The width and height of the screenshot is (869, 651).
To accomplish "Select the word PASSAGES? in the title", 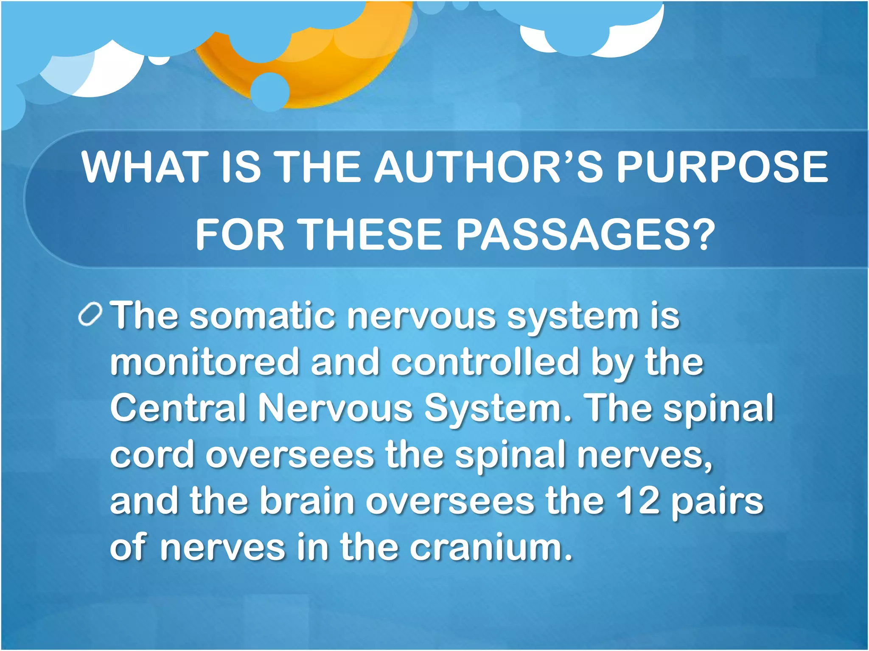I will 586,234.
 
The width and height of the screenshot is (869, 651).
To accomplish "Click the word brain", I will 307,501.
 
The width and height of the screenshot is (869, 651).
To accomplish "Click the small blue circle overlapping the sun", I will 269,92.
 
